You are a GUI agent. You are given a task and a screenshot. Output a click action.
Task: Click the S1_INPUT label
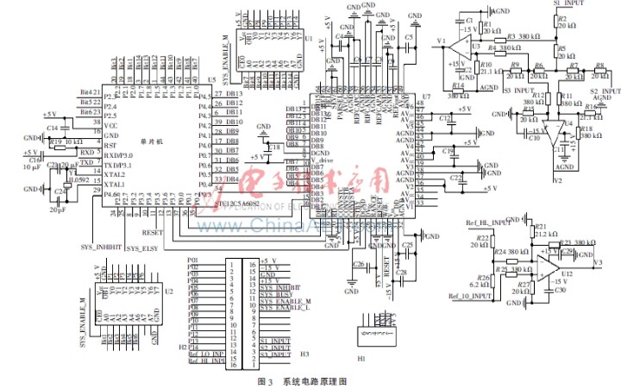point(567,4)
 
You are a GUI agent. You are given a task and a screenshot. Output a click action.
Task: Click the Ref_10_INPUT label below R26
point(469,297)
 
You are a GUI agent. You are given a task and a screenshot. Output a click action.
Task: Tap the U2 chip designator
point(169,291)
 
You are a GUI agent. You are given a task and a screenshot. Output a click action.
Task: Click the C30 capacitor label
point(561,291)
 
